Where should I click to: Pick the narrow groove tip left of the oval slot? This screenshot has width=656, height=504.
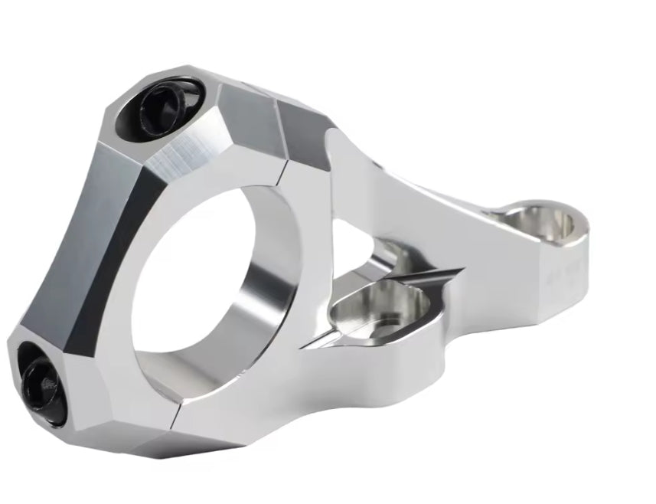(310, 344)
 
